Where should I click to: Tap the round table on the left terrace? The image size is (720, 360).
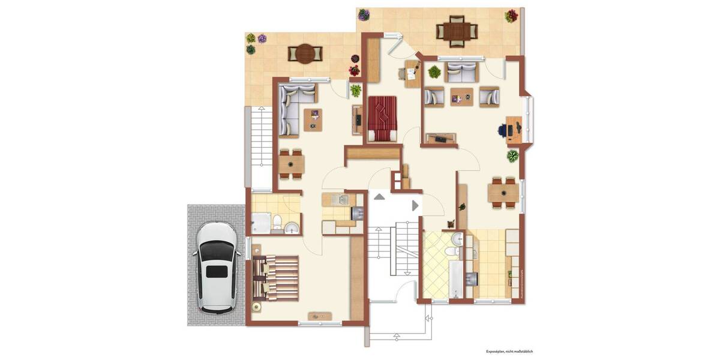[305, 54]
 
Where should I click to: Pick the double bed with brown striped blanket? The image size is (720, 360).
[277, 277]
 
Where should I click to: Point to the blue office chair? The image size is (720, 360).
[503, 128]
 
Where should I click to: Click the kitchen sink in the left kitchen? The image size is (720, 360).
[340, 200]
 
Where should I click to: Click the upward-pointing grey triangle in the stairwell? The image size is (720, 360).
[379, 196]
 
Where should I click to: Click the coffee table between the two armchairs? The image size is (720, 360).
[461, 97]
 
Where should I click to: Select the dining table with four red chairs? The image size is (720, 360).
[503, 193]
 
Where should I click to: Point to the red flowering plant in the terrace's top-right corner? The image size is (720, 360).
[511, 16]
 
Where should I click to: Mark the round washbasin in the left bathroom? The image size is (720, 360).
[291, 227]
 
